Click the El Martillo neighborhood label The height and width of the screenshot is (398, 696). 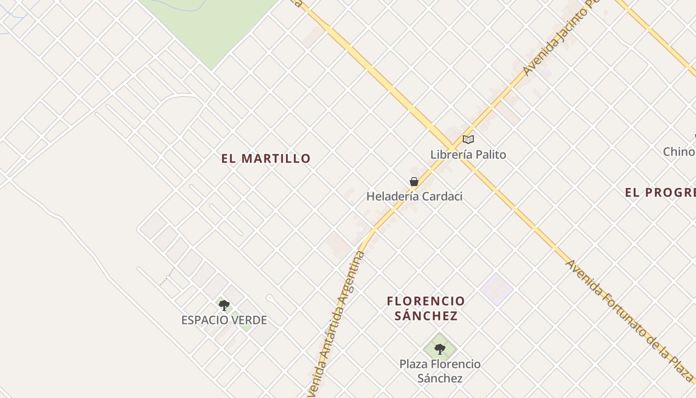point(266,159)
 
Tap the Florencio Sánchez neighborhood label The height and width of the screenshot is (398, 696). point(426,308)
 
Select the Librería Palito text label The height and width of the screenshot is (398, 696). point(468,155)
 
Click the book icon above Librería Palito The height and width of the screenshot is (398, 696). point(468,139)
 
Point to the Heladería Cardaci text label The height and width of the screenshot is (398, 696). point(414,197)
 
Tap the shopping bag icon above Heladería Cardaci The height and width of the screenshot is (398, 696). point(414,182)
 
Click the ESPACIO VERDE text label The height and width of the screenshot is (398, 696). point(224,320)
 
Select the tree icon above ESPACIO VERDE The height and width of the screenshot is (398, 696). point(224,305)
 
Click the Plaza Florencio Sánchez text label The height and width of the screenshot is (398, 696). point(440,371)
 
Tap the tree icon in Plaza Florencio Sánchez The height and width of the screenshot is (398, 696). point(439,348)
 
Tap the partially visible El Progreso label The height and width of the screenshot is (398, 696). point(660,193)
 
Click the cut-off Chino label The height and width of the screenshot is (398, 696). point(679,152)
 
